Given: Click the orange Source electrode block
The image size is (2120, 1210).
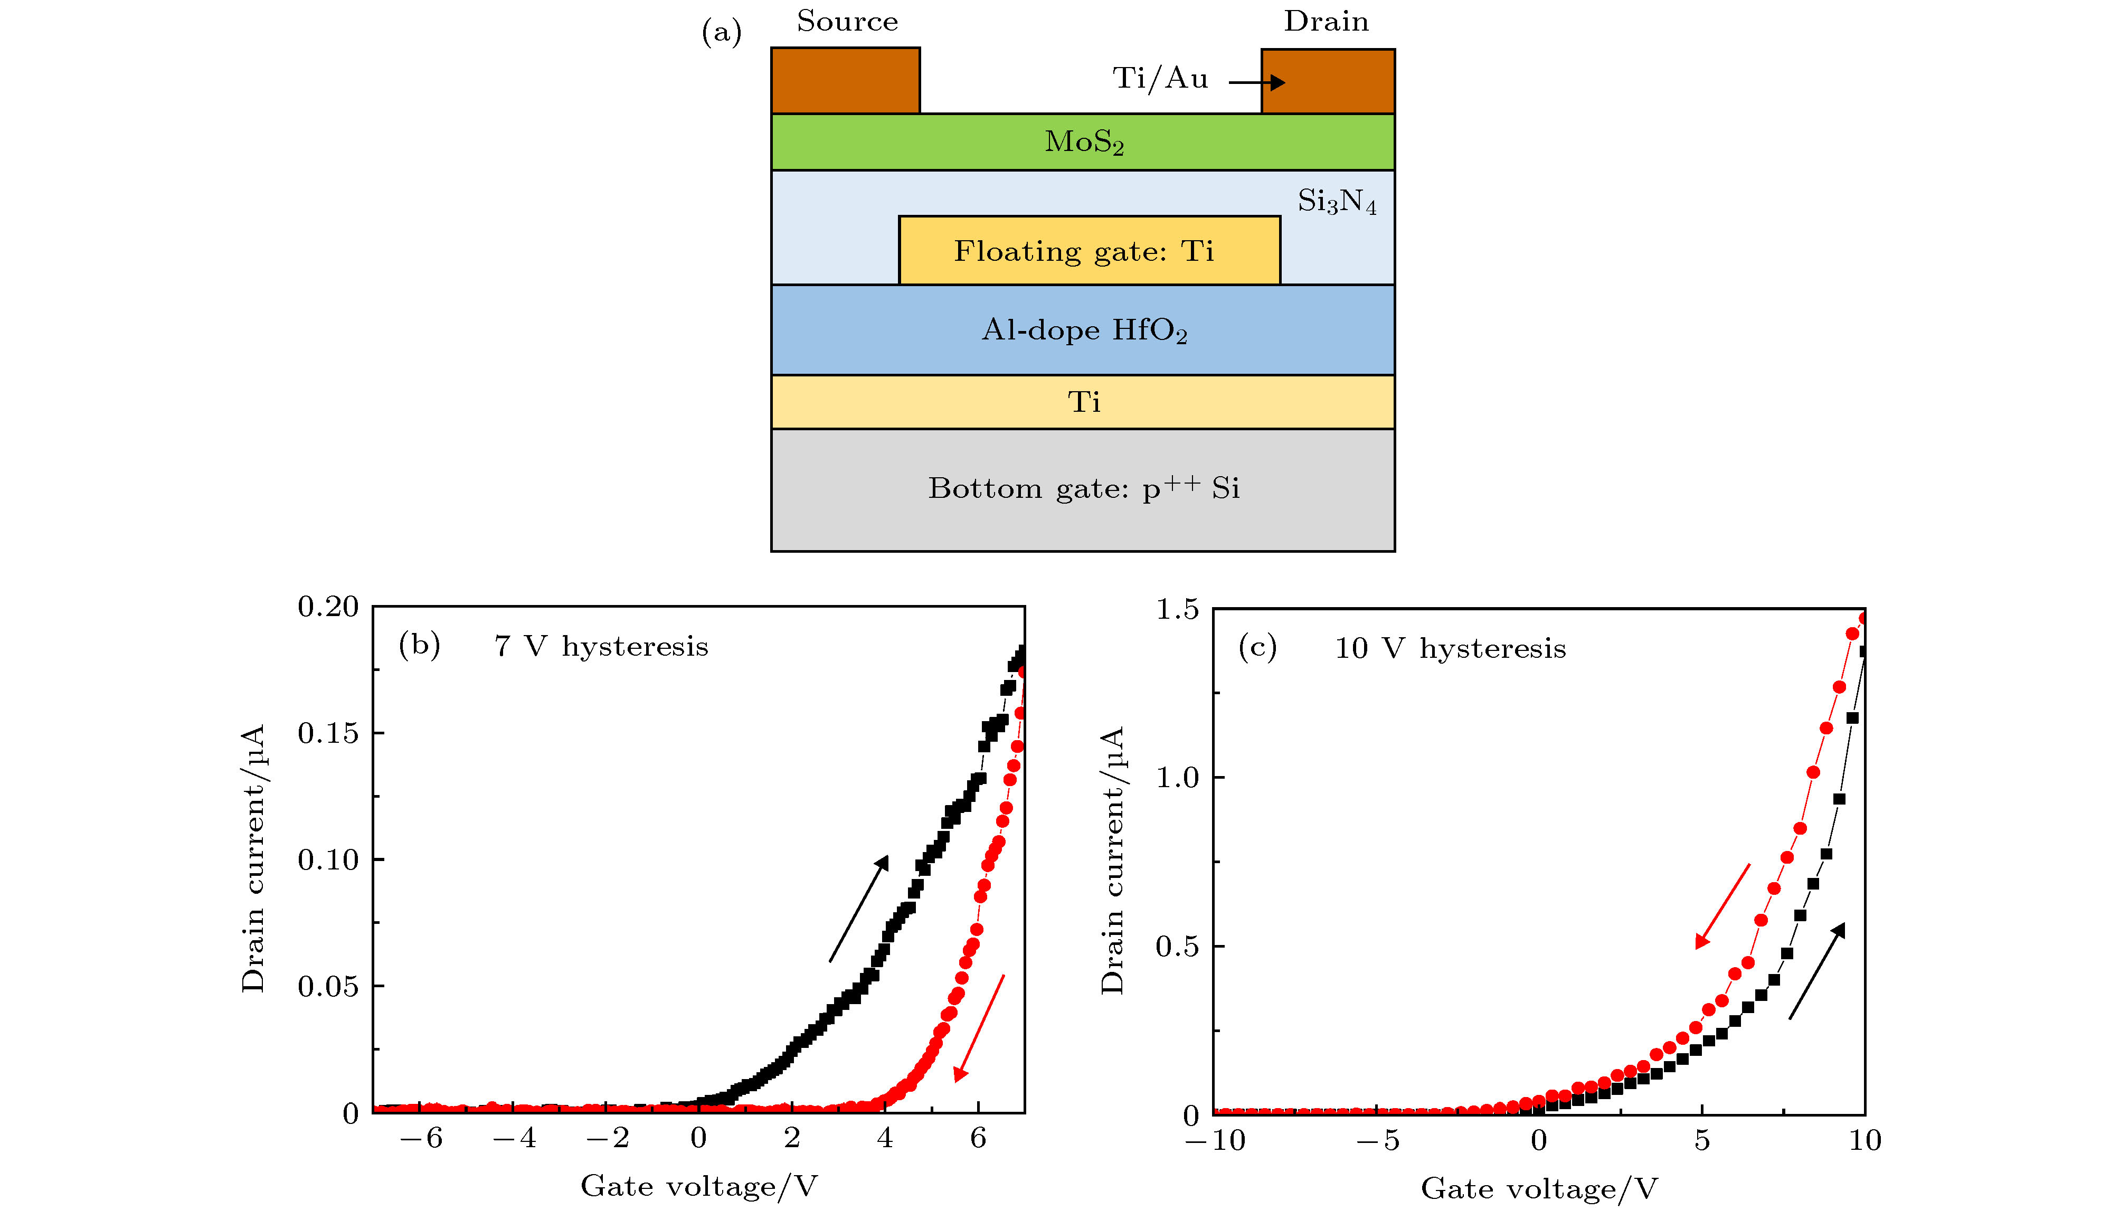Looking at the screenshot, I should (845, 81).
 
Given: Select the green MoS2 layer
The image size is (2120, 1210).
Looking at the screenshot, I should (1082, 142).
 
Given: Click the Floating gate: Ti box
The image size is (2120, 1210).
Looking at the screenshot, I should (1089, 250).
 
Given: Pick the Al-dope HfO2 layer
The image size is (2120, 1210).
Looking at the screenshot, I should (1082, 330).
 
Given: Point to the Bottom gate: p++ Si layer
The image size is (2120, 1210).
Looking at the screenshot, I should (1082, 489).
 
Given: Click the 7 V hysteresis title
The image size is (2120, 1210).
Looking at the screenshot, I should (601, 647).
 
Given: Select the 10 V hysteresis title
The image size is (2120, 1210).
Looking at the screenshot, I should (1450, 648).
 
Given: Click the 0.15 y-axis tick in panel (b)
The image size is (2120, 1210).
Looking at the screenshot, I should (328, 733).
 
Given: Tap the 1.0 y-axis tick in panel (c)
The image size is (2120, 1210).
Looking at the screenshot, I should (1177, 778).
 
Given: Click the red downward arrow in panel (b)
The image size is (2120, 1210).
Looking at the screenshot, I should (979, 1028).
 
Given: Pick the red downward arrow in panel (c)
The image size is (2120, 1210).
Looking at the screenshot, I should (1722, 906).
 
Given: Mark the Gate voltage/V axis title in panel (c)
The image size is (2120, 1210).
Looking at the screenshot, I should (1538, 1188).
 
